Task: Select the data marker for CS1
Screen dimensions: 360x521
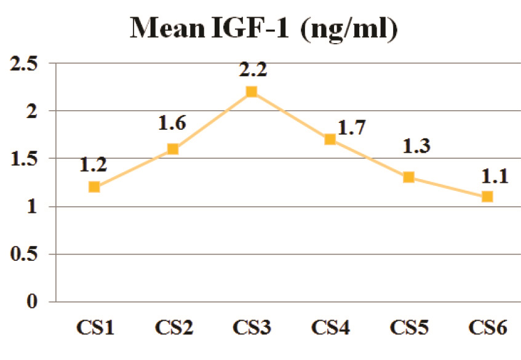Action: (94, 186)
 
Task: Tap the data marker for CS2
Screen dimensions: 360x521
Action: (173, 148)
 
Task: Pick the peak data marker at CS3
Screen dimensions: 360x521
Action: (252, 92)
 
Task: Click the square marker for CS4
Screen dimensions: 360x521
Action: (330, 139)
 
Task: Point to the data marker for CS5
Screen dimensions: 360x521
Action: (408, 177)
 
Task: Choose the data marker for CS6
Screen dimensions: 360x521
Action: (487, 196)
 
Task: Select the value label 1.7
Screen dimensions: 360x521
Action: (352, 129)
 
